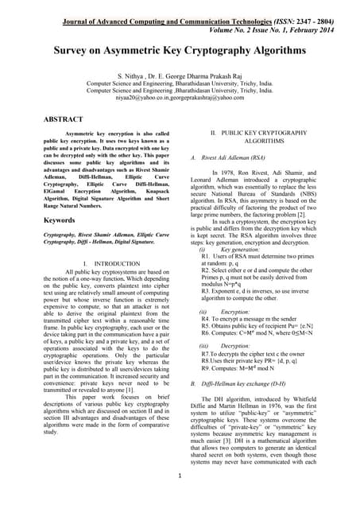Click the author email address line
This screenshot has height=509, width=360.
[x=180, y=97]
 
